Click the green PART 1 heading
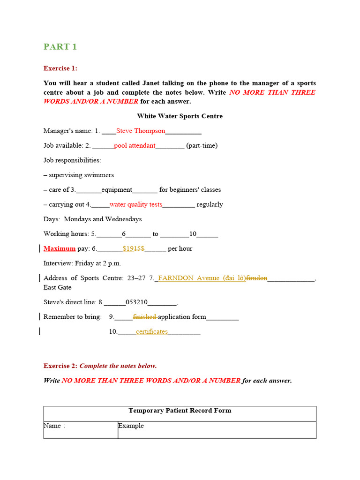[x=60, y=46]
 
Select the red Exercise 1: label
[x=60, y=68]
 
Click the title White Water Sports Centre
[x=180, y=116]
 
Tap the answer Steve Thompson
[x=141, y=131]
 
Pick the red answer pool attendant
[x=135, y=145]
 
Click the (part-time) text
[x=202, y=145]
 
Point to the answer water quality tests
[x=135, y=204]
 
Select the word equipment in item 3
[x=117, y=190]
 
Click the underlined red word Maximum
[x=60, y=248]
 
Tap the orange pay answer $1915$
[x=133, y=248]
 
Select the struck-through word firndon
[x=257, y=278]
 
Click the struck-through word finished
[x=145, y=317]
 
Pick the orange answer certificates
[x=151, y=331]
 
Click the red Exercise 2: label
[x=60, y=366]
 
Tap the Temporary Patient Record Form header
[x=180, y=411]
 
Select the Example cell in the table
[x=131, y=426]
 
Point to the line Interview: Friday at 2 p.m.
[x=82, y=263]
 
